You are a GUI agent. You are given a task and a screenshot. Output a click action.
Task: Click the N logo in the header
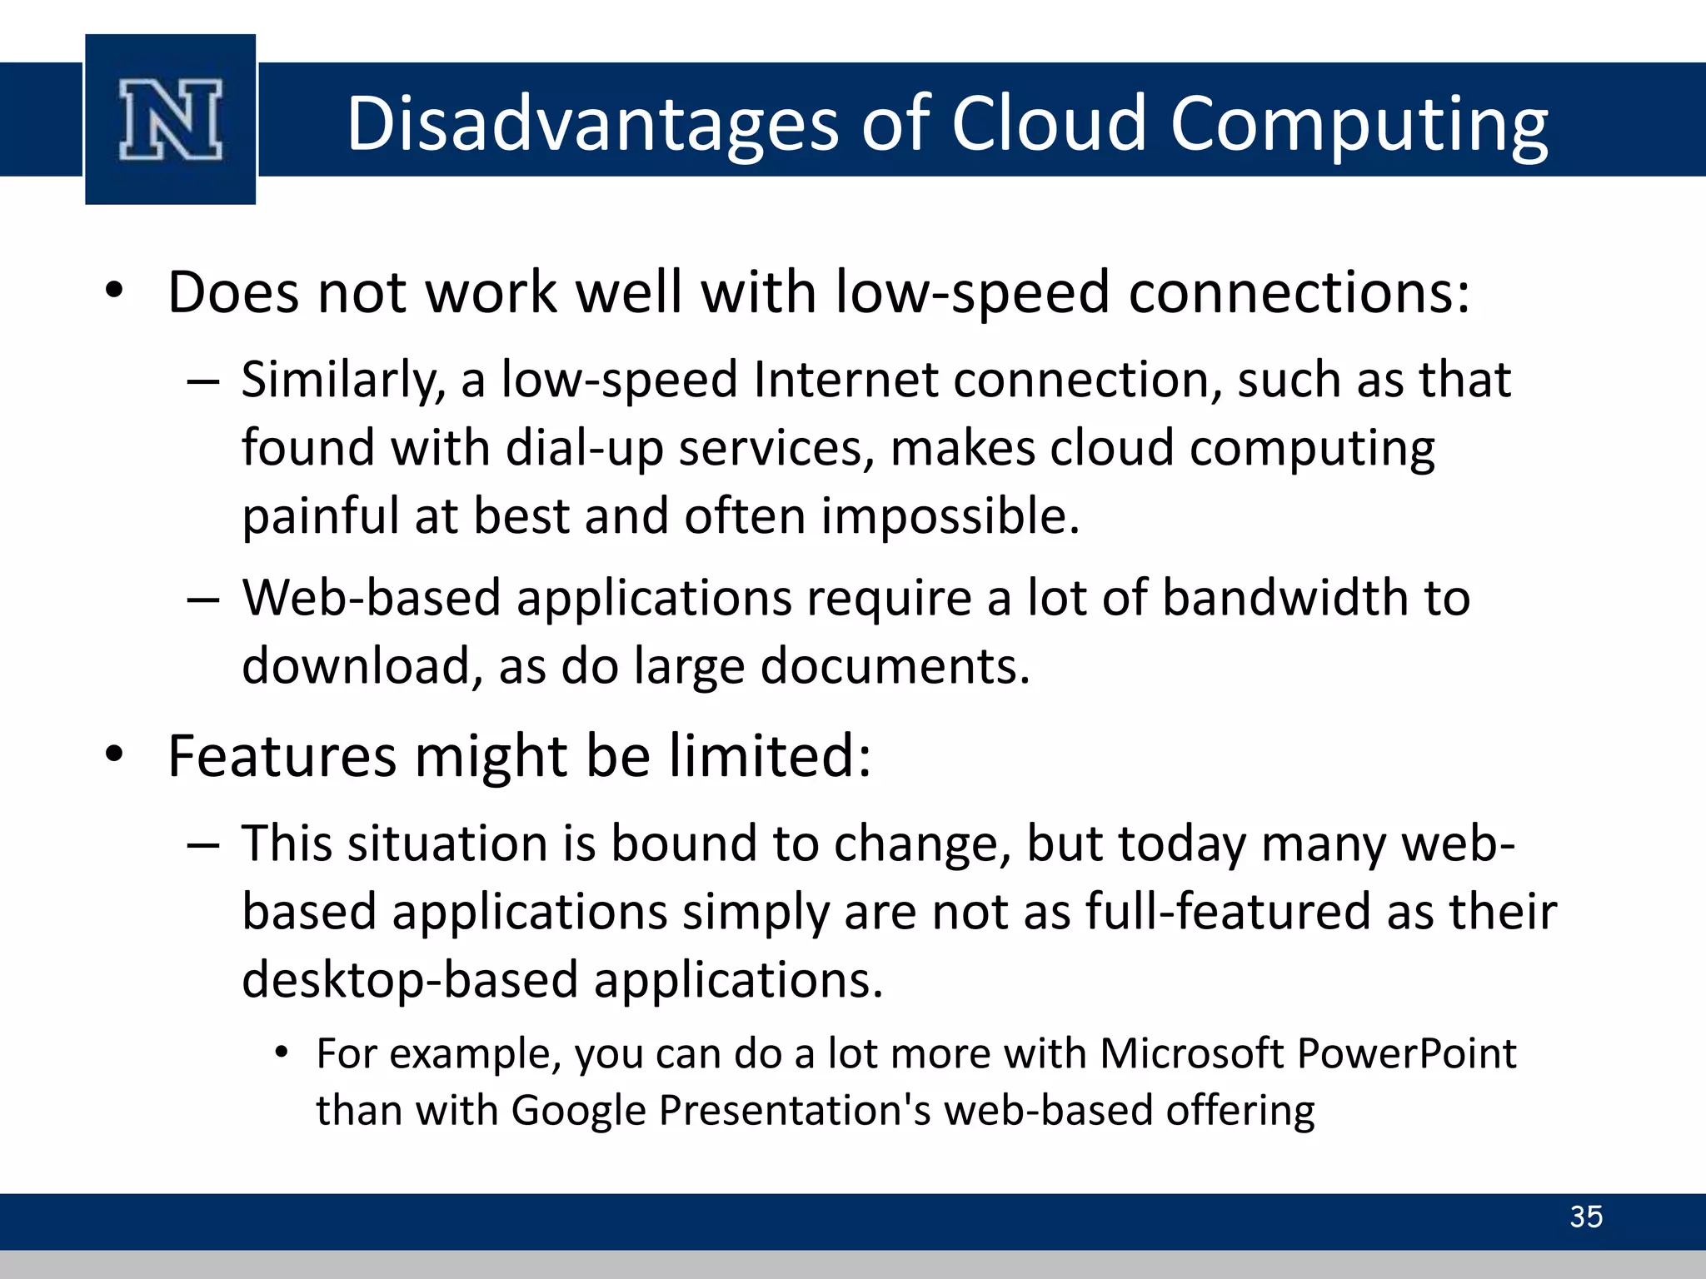point(171,120)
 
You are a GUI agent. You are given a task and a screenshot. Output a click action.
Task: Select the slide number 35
point(1585,1217)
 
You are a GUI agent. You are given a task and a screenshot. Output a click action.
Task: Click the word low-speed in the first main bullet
point(972,293)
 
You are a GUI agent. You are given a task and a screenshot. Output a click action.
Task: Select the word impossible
point(949,516)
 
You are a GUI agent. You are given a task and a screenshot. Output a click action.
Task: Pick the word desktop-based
point(410,979)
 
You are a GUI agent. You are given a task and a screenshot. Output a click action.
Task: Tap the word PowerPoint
point(1407,1053)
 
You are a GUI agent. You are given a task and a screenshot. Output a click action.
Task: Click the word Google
point(578,1111)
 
